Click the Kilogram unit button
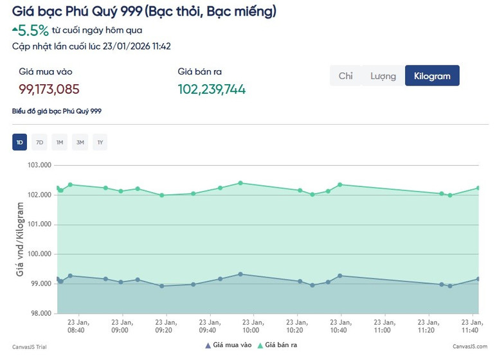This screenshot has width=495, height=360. (x=432, y=76)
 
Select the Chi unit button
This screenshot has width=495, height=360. (x=346, y=76)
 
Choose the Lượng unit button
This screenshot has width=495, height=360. (x=383, y=76)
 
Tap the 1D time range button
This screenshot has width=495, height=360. (x=19, y=142)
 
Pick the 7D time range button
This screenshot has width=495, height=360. (x=39, y=142)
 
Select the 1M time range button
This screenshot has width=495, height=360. (x=59, y=142)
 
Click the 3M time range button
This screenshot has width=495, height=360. (x=80, y=142)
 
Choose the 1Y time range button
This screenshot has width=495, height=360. (x=100, y=142)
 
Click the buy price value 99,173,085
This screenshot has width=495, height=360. (x=49, y=89)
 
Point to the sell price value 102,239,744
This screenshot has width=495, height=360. (x=212, y=89)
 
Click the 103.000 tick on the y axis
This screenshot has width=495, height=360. (x=40, y=165)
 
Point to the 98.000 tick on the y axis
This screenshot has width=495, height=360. (x=40, y=314)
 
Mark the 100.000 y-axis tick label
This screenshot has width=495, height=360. (x=40, y=255)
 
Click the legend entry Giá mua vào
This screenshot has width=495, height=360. (x=230, y=346)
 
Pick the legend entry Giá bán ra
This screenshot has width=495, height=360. (x=280, y=346)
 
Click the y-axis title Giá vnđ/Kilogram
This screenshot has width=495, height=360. (x=21, y=239)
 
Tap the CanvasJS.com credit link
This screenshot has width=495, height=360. (x=470, y=346)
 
